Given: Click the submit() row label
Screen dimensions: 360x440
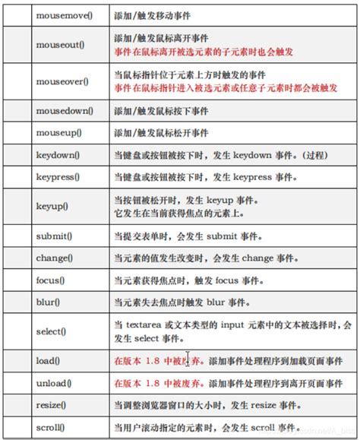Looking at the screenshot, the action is tap(59, 235).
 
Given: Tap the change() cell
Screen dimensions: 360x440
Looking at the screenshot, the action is tap(60, 258).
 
